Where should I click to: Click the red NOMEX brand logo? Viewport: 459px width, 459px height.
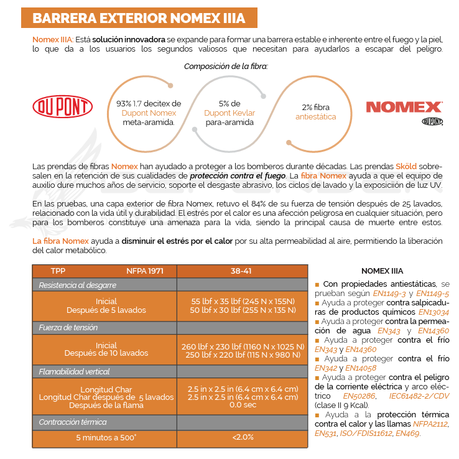tap(404, 107)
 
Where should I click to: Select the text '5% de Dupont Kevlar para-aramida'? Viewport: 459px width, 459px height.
tap(229, 113)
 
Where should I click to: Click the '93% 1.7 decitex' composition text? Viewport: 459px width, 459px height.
tap(149, 104)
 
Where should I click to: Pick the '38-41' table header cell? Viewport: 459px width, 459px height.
tap(242, 271)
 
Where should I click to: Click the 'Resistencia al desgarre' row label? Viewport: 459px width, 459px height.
tap(78, 285)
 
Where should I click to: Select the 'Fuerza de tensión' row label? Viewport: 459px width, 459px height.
tap(68, 327)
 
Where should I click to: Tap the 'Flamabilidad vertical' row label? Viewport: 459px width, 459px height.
tap(73, 371)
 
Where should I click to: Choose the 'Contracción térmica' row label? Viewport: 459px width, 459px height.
tap(72, 422)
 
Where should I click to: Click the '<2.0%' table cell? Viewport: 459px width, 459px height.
tap(242, 437)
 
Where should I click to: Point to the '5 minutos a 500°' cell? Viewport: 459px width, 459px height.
tap(106, 437)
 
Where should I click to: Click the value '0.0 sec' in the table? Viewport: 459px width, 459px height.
tap(242, 405)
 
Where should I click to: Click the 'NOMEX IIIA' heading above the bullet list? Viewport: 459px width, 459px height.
tap(382, 271)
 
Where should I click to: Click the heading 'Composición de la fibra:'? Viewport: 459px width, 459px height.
tap(226, 65)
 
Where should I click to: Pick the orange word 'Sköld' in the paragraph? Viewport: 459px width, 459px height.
tap(407, 167)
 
